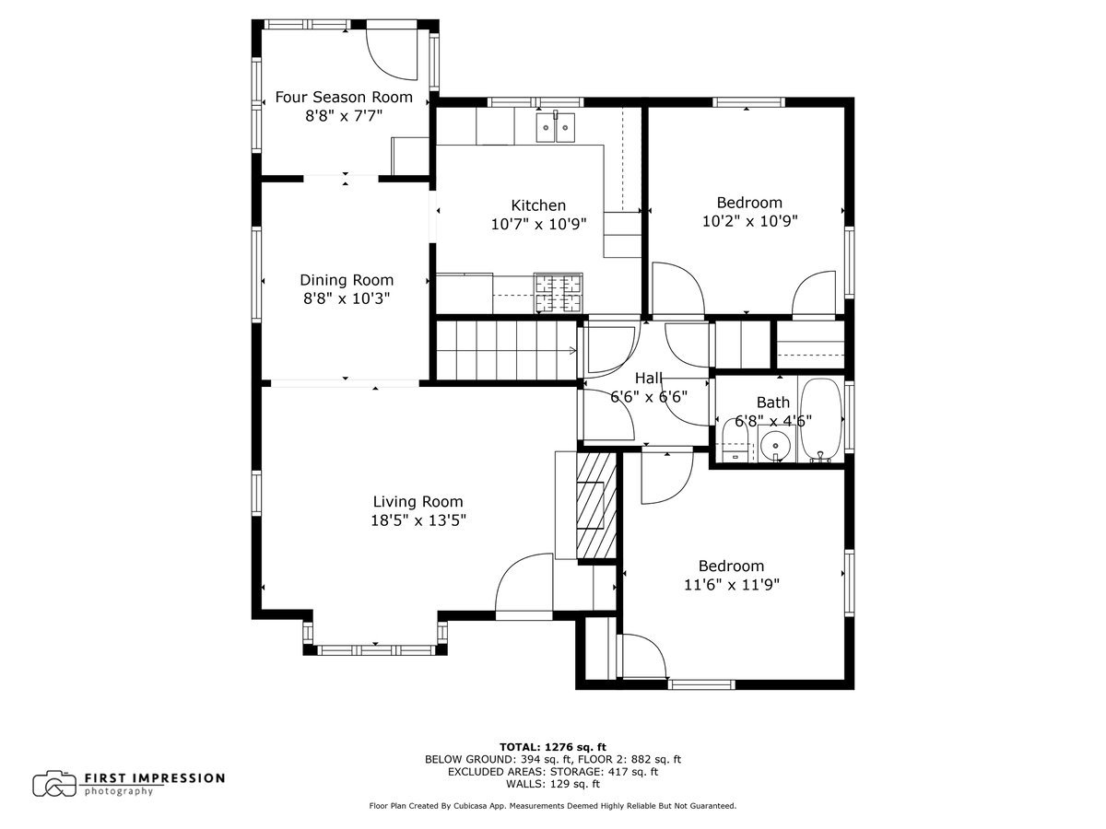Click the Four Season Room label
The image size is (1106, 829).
(x=344, y=97)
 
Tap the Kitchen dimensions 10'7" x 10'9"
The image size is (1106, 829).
(x=538, y=224)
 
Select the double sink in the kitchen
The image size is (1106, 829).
(x=557, y=127)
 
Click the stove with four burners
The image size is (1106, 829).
(x=559, y=294)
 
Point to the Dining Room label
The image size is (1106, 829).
(x=346, y=280)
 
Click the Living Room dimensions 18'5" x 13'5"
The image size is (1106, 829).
(x=418, y=520)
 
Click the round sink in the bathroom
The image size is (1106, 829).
(x=776, y=449)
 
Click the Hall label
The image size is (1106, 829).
(x=649, y=378)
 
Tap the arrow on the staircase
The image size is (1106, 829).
(x=571, y=350)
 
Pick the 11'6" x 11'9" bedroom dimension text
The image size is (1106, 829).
(x=732, y=584)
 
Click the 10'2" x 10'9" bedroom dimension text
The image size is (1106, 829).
(x=749, y=221)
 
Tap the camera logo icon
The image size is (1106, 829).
(x=54, y=784)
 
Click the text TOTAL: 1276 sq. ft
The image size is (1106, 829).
(x=552, y=747)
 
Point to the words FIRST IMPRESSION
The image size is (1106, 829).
(x=154, y=778)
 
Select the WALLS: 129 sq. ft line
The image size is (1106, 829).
(x=552, y=784)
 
